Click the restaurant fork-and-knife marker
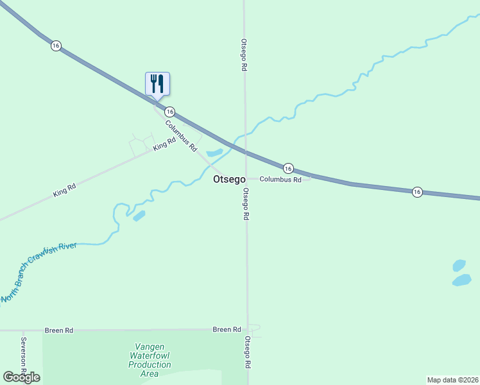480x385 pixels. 157,84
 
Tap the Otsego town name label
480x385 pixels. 229,180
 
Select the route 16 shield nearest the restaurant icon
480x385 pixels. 169,111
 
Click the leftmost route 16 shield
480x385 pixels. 56,46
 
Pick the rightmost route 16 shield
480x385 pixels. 417,191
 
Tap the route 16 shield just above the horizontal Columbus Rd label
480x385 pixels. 288,167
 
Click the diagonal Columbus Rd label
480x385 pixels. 181,136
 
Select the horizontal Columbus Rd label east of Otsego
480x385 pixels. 280,180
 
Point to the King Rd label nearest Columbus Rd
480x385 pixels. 164,145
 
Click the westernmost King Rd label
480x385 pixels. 65,189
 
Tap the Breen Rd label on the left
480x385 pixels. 59,330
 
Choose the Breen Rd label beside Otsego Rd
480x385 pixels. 227,330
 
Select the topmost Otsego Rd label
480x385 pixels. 244,54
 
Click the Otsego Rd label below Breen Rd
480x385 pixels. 248,352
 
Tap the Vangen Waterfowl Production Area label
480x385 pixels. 150,360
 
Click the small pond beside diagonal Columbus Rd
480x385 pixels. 214,153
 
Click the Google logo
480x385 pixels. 21,377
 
